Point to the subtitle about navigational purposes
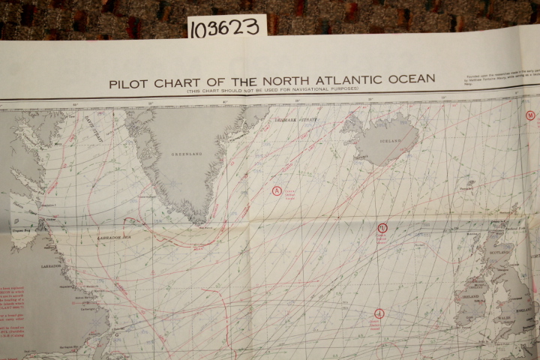click(273, 89)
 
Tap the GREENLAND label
click(187, 154)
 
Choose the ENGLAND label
click(523, 307)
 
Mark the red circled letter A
click(277, 190)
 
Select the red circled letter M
click(531, 115)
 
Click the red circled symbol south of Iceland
click(382, 227)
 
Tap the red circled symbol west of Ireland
click(379, 313)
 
